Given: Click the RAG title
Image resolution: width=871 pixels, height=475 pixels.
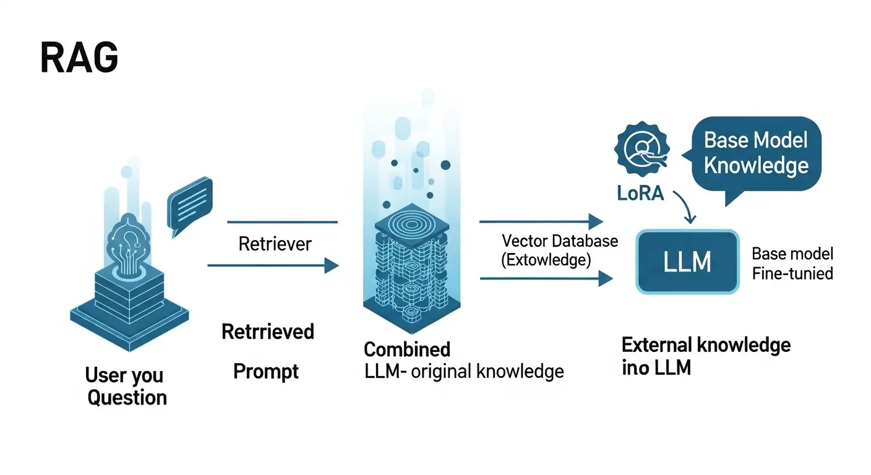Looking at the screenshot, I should [x=79, y=59].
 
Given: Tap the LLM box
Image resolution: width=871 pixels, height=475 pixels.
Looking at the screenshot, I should [x=687, y=261].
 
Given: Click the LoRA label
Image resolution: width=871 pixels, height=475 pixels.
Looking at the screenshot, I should [x=640, y=193].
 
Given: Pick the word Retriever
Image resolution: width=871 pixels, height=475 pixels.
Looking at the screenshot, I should [x=275, y=244].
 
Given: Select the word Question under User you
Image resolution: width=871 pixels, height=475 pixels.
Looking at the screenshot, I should [x=127, y=397].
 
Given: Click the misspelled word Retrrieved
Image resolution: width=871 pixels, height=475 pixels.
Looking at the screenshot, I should [x=268, y=332].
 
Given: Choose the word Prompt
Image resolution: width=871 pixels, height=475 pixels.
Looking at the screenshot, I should [x=266, y=372].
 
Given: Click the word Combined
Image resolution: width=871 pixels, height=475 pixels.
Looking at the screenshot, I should [x=406, y=349].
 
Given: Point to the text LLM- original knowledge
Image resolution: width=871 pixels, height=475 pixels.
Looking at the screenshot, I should [x=463, y=371].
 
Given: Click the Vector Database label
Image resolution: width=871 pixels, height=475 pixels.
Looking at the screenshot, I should [x=559, y=241].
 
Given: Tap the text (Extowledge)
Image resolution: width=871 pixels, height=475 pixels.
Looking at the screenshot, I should [x=546, y=260].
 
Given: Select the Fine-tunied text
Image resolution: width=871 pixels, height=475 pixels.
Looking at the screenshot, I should [x=792, y=273].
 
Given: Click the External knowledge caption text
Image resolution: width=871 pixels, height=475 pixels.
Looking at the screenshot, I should [x=705, y=345].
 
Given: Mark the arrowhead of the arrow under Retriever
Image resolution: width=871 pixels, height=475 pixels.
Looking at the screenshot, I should [x=332, y=266].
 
